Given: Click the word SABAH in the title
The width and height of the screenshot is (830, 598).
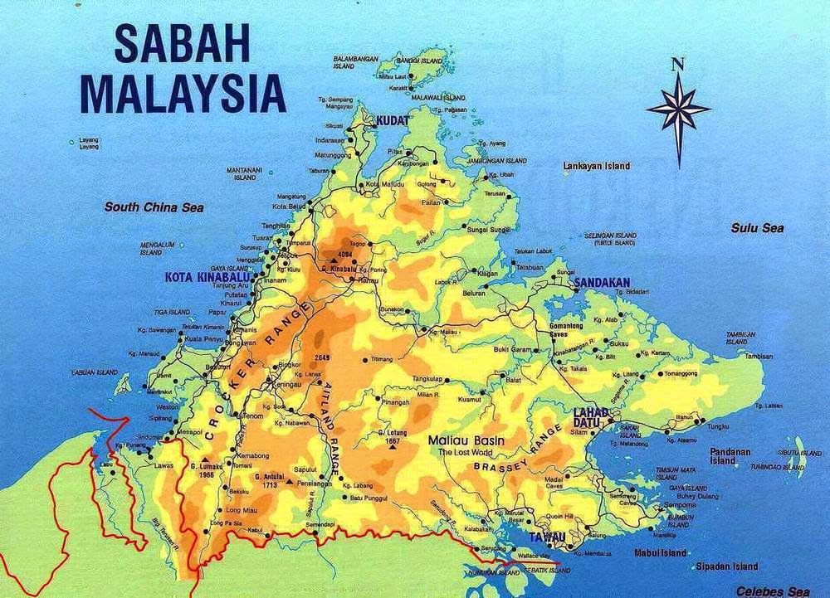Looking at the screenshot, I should click(183, 43).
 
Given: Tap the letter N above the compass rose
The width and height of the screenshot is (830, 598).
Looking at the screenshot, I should click(678, 64).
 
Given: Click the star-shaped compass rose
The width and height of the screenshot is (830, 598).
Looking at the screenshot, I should click(678, 110).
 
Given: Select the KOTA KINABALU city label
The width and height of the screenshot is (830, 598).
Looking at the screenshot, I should click(207, 276).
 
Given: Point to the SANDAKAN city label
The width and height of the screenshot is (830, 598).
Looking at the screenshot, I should click(602, 282).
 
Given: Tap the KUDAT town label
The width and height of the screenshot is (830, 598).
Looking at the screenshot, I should click(393, 121).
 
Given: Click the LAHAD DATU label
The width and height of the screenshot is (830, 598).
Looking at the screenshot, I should click(591, 417).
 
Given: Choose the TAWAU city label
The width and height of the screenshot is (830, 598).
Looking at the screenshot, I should click(548, 537).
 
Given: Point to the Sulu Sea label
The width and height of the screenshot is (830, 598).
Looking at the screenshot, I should click(757, 227).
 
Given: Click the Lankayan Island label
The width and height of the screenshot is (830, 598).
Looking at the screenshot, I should click(596, 166).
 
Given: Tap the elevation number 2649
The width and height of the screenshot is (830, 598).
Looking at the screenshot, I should click(323, 357).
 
